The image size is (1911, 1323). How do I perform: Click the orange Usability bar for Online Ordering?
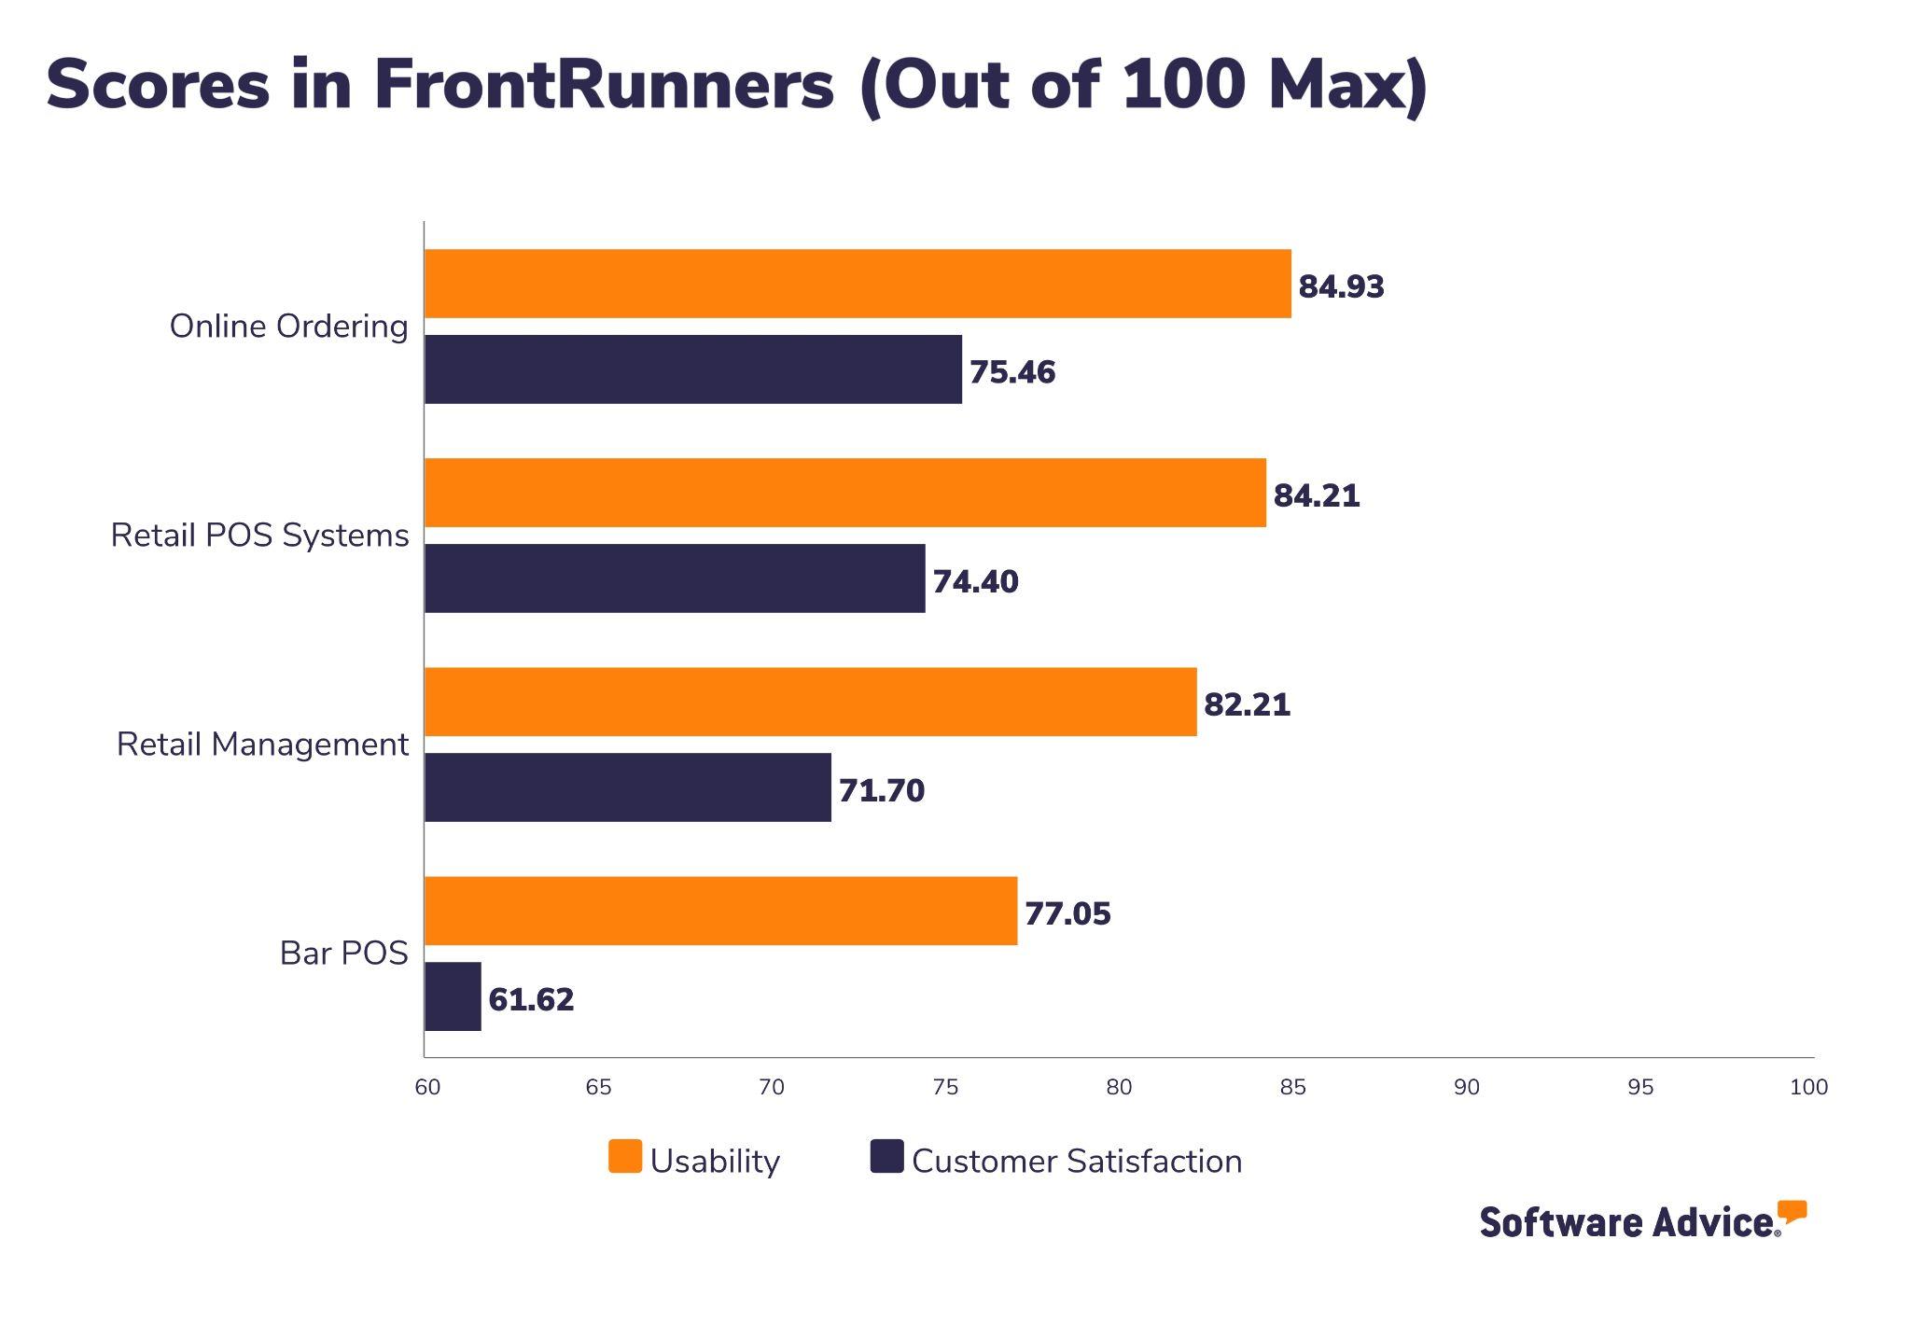pos(858,284)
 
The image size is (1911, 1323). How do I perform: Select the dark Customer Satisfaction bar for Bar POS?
pos(453,996)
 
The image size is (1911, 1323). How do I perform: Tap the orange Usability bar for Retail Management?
pos(810,702)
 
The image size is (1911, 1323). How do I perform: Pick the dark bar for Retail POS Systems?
pos(675,578)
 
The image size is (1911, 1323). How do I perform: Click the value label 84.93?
pos(1341,286)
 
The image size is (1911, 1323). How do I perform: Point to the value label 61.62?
pos(531,999)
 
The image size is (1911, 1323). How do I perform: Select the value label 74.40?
pos(975,581)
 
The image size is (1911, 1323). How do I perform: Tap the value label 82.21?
pos(1247,704)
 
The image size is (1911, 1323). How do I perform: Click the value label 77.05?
pos(1067,913)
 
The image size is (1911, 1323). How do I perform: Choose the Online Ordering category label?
pos(288,327)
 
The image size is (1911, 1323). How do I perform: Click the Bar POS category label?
pos(343,954)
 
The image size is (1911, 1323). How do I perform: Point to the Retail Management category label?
pos(262,745)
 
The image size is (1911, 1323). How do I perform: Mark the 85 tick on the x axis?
pos(1292,1087)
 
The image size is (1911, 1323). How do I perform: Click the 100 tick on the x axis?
pos(1808,1087)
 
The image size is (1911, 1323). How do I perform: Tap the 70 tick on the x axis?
pos(772,1087)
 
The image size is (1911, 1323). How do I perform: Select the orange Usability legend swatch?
pos(625,1156)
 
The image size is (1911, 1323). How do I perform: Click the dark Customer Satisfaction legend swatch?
pos(886,1156)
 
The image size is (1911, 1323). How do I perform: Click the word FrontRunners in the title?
pos(603,86)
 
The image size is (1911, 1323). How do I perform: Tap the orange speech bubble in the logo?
pos(1792,1211)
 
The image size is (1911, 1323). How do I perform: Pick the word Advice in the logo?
pos(1714,1221)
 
